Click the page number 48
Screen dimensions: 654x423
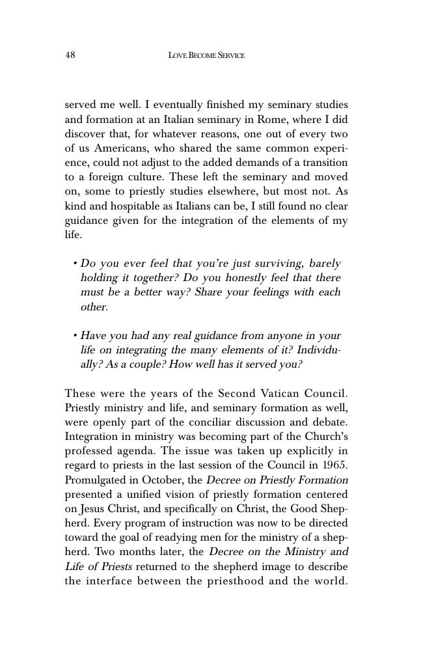70,55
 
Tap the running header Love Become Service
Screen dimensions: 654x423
206,56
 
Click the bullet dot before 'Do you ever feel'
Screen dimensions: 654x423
75,264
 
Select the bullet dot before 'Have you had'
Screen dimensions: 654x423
75,336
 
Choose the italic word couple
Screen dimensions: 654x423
146,364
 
